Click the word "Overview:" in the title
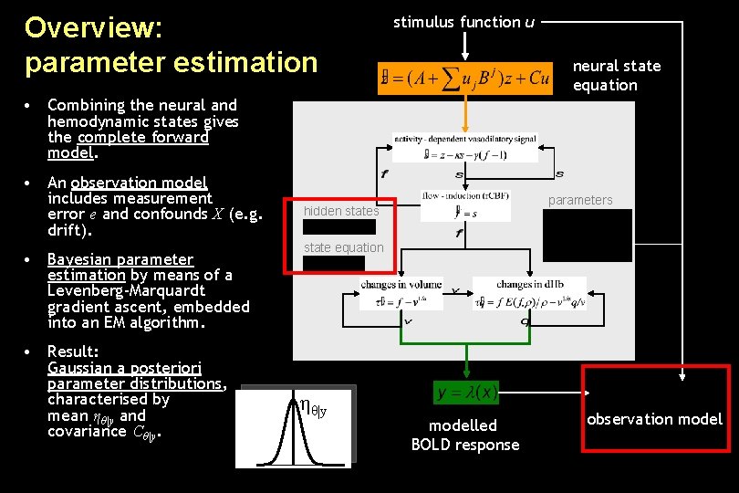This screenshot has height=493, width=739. click(x=94, y=26)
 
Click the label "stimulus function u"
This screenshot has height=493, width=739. click(x=463, y=22)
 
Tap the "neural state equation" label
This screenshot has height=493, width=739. click(x=616, y=75)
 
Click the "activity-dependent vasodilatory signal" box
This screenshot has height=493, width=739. click(x=465, y=148)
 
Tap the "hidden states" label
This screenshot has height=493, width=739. click(x=340, y=211)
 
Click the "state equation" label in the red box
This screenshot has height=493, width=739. click(x=344, y=247)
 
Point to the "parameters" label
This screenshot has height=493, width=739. click(x=581, y=200)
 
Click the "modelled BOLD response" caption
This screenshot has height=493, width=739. click(x=464, y=435)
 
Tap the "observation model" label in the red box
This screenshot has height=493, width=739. click(x=654, y=419)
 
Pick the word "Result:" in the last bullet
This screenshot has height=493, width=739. click(x=73, y=351)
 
